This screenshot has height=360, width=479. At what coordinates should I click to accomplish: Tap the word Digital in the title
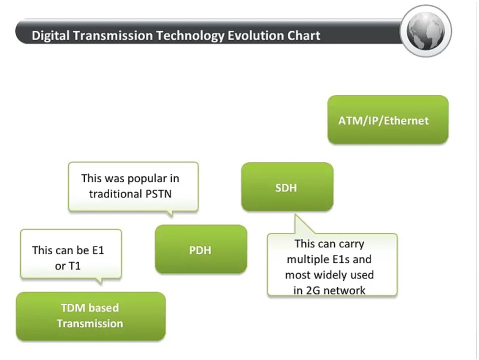pyautogui.click(x=48, y=36)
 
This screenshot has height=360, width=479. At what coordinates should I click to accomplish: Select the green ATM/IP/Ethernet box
pyautogui.click(x=387, y=120)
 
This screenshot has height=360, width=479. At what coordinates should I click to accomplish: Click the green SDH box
pyautogui.click(x=286, y=187)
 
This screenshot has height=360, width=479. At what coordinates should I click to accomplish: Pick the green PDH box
pyautogui.click(x=200, y=249)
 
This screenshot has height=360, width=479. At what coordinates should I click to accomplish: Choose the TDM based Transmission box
pyautogui.click(x=90, y=316)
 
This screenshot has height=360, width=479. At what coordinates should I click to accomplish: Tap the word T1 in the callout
pyautogui.click(x=74, y=266)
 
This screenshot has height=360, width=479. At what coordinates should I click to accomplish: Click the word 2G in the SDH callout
pyautogui.click(x=314, y=290)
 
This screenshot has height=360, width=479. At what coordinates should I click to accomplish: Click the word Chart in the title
pyautogui.click(x=304, y=36)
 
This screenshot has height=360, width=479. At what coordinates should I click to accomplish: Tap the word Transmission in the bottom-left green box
pyautogui.click(x=90, y=323)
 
